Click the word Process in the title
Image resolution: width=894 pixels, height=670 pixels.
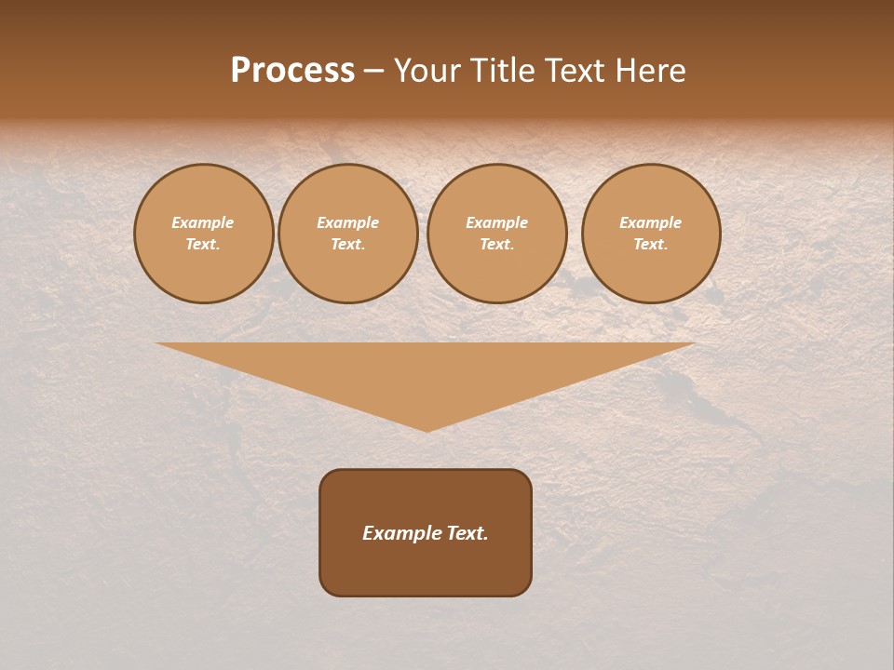292,71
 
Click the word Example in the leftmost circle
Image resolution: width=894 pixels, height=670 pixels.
203,222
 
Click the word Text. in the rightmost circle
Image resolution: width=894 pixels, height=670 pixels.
651,244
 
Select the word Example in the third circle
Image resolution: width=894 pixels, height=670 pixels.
497,222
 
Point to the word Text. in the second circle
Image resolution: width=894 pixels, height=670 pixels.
348,244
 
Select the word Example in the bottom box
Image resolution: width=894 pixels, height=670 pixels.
402,533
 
